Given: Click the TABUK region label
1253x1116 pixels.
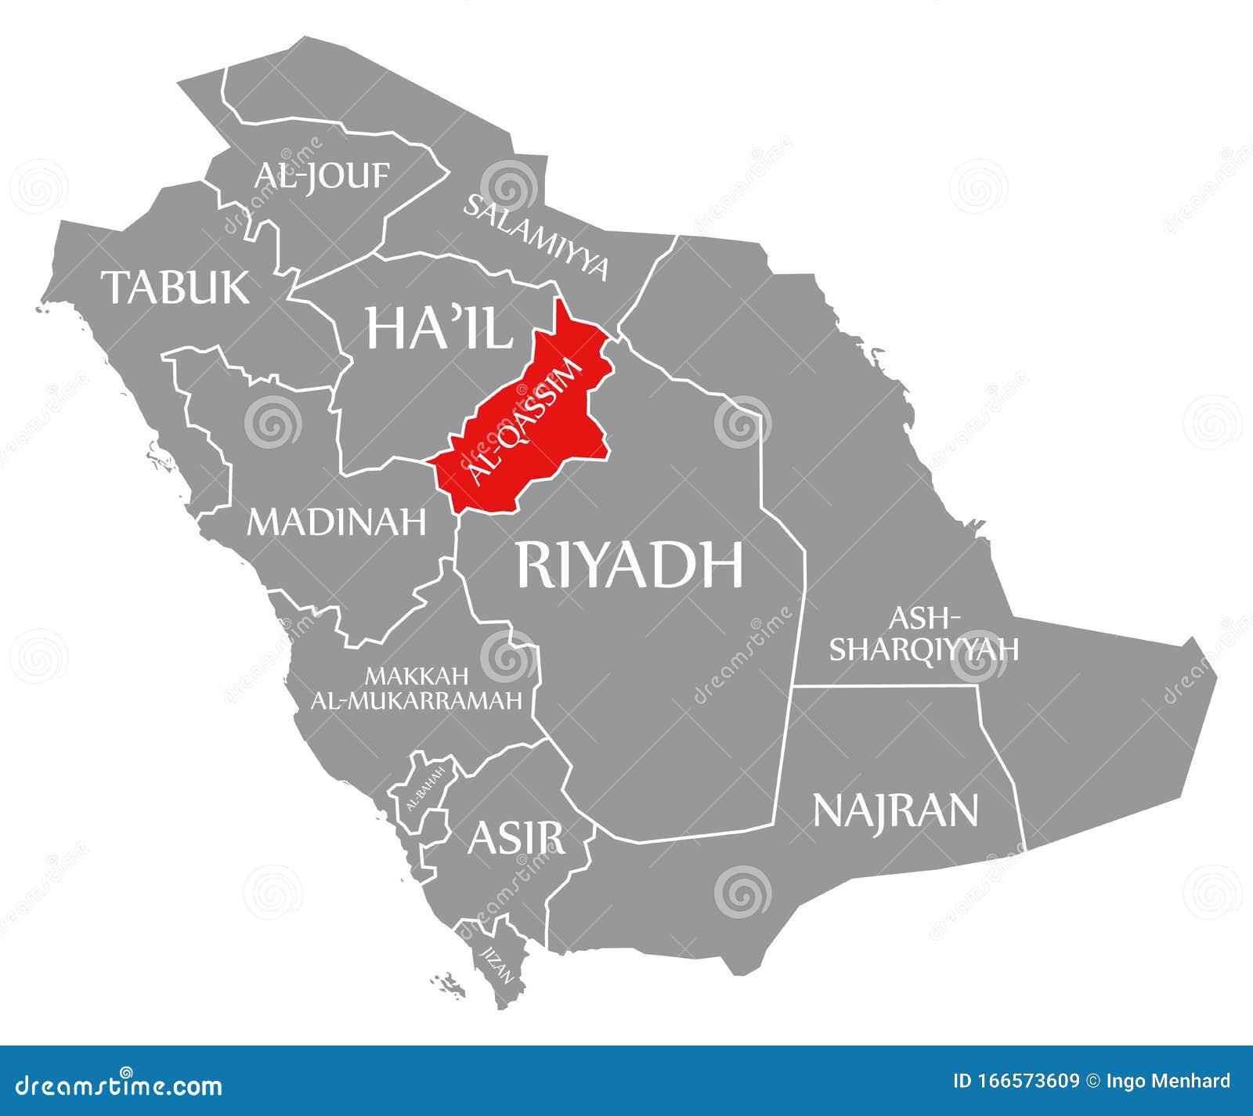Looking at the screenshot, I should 178,287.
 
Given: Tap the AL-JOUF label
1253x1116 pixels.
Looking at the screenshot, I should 321,175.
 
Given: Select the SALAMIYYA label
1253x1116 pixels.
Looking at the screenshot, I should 536,237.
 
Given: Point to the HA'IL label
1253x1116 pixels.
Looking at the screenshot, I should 439,327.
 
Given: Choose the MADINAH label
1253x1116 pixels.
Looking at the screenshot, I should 337,522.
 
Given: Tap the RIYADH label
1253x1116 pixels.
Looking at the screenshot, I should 629,564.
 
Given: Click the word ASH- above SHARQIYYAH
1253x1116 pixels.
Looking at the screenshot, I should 924,618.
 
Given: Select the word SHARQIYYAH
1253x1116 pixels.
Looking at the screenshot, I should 924,649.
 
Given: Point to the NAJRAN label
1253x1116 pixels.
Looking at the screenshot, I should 896,810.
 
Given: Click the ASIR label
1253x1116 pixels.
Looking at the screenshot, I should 515,837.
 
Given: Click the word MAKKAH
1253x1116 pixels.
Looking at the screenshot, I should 417,675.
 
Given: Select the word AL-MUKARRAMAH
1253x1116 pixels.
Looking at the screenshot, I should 417,700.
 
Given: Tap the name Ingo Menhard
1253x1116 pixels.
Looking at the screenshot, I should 1168,1082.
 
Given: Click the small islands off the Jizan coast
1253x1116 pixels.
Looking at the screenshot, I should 448,984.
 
